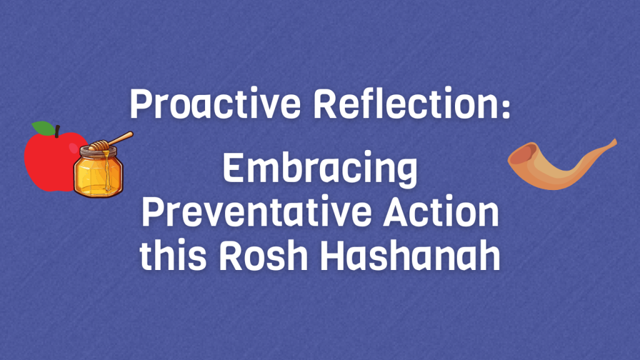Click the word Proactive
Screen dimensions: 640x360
(215, 104)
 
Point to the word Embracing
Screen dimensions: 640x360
(321, 169)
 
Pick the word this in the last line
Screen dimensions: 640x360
(173, 255)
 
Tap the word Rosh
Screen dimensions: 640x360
(263, 255)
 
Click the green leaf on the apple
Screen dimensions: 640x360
(43, 128)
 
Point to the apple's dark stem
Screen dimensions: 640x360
(57, 131)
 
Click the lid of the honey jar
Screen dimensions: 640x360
(98, 152)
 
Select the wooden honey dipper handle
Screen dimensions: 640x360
(121, 138)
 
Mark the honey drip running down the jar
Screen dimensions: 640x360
(107, 171)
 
